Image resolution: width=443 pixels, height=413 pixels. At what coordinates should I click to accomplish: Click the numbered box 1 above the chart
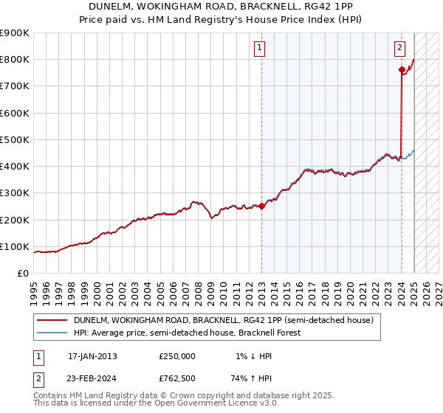tap(261, 49)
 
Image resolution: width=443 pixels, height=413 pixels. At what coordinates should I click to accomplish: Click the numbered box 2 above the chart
tap(399, 49)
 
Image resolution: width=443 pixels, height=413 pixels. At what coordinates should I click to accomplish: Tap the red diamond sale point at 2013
tap(261, 206)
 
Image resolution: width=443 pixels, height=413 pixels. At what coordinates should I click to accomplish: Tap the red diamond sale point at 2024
tap(402, 70)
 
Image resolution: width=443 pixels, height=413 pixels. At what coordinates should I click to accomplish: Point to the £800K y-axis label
tap(15, 60)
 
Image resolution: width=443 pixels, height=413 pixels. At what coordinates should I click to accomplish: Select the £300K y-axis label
tap(15, 193)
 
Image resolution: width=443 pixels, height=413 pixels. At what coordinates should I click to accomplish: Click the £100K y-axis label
tap(15, 246)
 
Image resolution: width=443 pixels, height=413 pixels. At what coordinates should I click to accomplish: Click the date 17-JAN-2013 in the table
tap(92, 356)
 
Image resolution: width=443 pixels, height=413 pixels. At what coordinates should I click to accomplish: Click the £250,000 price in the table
tap(177, 356)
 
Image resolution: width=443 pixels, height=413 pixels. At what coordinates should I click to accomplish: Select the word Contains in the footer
tap(52, 396)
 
